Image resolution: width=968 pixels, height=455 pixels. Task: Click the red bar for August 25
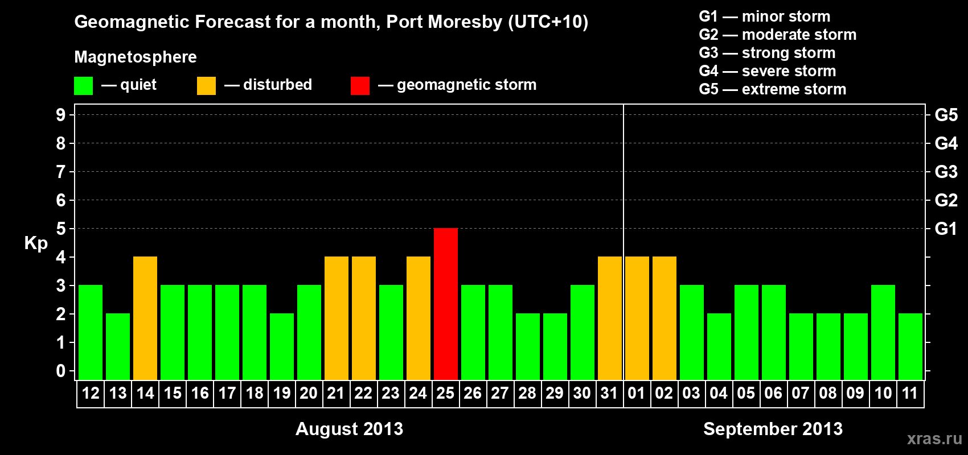(x=446, y=304)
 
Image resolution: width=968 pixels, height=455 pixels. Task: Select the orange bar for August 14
(x=145, y=318)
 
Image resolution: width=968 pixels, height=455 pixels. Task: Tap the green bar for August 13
(x=118, y=346)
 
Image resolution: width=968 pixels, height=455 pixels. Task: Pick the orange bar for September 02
(x=665, y=318)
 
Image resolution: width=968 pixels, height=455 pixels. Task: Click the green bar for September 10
(x=883, y=332)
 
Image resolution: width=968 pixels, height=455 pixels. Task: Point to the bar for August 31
(x=610, y=318)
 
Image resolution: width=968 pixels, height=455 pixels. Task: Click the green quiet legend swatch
(x=84, y=86)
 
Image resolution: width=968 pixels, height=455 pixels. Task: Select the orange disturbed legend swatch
(x=206, y=86)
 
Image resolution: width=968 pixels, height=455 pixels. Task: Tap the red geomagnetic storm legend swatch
(x=360, y=86)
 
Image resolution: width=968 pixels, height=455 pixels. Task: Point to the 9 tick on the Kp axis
(x=61, y=115)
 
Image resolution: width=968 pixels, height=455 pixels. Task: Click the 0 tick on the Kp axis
(x=61, y=371)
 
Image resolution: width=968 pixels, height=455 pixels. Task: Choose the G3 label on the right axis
(x=946, y=172)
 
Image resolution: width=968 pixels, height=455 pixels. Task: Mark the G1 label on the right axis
(x=946, y=229)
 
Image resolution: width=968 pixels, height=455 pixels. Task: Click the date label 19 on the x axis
(x=282, y=393)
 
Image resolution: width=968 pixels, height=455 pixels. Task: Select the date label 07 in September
(x=801, y=393)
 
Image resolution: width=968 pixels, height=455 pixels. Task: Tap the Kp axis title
(x=36, y=243)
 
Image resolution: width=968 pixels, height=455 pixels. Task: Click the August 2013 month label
(x=349, y=429)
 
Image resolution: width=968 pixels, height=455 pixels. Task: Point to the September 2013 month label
(x=773, y=429)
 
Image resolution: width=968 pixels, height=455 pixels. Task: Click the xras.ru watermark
(x=934, y=439)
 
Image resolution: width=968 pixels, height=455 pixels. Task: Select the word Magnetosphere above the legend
(x=136, y=57)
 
